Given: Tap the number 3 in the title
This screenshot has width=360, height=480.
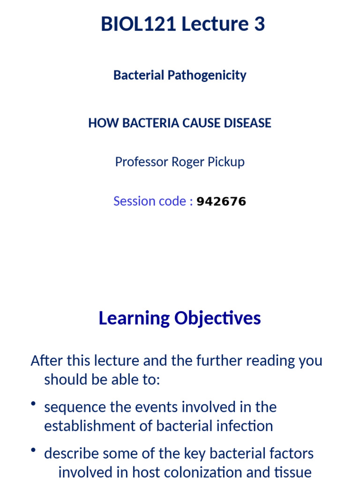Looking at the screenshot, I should click(259, 24).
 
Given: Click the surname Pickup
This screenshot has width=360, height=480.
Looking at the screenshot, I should click(227, 162).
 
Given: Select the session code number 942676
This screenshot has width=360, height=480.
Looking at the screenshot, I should click(221, 202).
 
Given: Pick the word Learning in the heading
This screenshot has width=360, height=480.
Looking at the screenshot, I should click(134, 318).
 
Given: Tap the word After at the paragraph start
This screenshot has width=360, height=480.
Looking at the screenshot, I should click(45, 361).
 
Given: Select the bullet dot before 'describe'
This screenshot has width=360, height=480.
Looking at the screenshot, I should click(33, 451).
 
